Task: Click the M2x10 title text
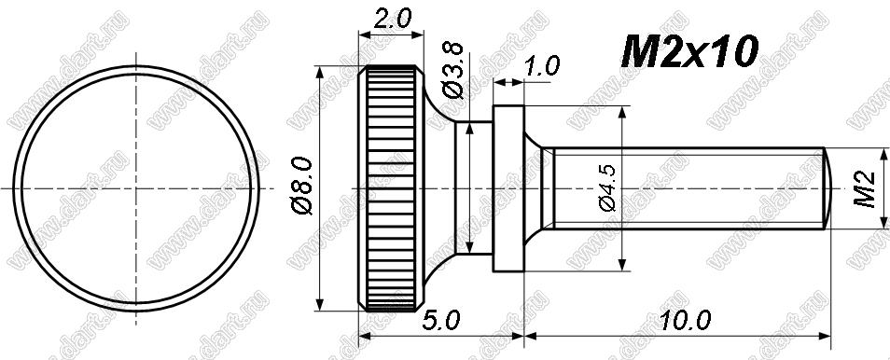point(689,52)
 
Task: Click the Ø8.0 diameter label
point(302,187)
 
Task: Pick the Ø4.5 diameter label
point(608,188)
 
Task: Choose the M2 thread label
point(866,190)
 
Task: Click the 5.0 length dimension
point(440,322)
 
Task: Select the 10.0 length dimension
point(685,322)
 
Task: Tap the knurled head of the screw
point(391,188)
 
